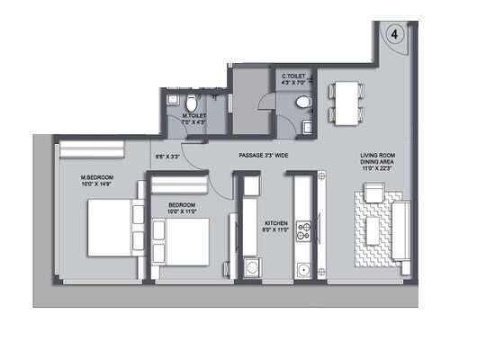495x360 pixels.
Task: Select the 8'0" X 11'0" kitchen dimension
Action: coord(275,231)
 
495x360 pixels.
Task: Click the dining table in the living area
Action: coord(346,101)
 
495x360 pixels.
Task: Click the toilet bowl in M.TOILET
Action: coord(177,101)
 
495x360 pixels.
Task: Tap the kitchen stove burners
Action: coord(306,222)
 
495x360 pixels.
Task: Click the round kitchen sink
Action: coord(305,268)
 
